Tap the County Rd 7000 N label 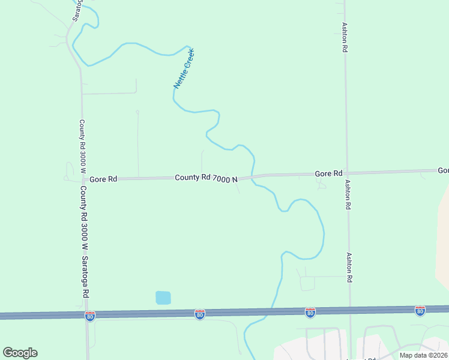206,178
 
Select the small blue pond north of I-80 163,297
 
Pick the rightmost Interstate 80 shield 420,310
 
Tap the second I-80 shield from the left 200,314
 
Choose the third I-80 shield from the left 310,312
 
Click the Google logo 20,353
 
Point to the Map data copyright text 424,355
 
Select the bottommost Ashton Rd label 349,267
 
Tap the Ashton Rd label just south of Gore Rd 348,194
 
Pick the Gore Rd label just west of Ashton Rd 328,173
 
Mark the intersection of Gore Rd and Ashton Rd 346,173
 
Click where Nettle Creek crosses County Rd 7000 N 253,176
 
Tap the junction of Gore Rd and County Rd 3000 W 82,179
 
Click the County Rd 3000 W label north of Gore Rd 82,146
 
